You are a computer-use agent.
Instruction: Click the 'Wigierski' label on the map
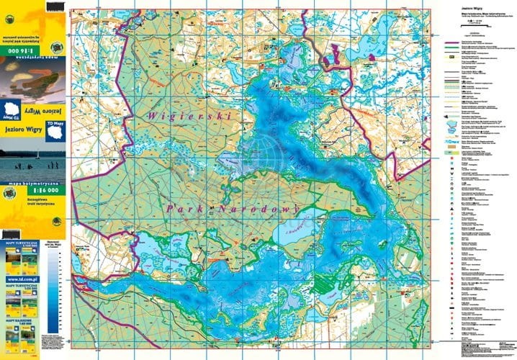(x=187, y=114)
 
